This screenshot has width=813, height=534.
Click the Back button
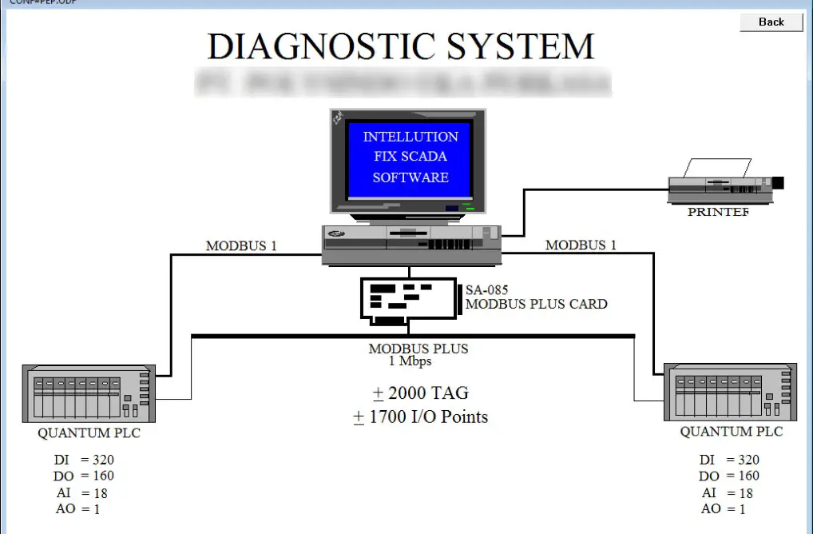771,22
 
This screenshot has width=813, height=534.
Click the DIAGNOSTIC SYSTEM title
401,46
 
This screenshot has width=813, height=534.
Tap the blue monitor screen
410,157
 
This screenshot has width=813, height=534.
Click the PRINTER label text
719,213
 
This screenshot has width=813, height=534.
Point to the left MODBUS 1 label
241,245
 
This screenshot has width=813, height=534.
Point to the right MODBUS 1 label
581,245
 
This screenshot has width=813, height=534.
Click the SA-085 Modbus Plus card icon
407,301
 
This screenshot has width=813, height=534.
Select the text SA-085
486,290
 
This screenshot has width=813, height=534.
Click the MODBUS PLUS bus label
418,349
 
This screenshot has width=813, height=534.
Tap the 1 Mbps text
410,361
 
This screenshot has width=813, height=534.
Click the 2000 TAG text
421,393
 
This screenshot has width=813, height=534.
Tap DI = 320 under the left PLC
84,460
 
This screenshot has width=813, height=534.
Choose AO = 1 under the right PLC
723,509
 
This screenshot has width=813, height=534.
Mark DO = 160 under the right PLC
729,476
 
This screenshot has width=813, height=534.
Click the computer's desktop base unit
411,245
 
